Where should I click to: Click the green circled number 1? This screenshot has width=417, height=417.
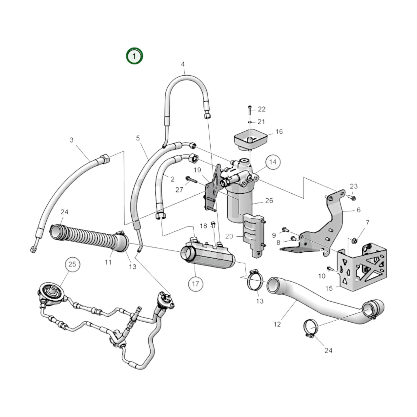pos(134,56)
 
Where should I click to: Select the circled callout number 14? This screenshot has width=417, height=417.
pos(273,162)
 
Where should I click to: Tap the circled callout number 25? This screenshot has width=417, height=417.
pos(72,264)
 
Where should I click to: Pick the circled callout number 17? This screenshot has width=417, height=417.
pos(195,284)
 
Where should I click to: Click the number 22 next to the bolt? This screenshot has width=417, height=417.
pos(261,109)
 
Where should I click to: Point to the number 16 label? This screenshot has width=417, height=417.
pos(279,132)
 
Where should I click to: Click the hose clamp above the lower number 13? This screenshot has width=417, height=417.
pos(256,280)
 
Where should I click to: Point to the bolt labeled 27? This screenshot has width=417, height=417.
pos(191,180)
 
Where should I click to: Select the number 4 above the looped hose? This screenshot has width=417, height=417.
pos(183,64)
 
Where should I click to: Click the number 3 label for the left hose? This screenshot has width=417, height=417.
pos(72,140)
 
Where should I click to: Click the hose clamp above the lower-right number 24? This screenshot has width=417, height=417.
pos(311,328)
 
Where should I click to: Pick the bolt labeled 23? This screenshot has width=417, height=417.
pos(353,198)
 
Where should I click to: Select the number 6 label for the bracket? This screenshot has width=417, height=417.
pos(358,210)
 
